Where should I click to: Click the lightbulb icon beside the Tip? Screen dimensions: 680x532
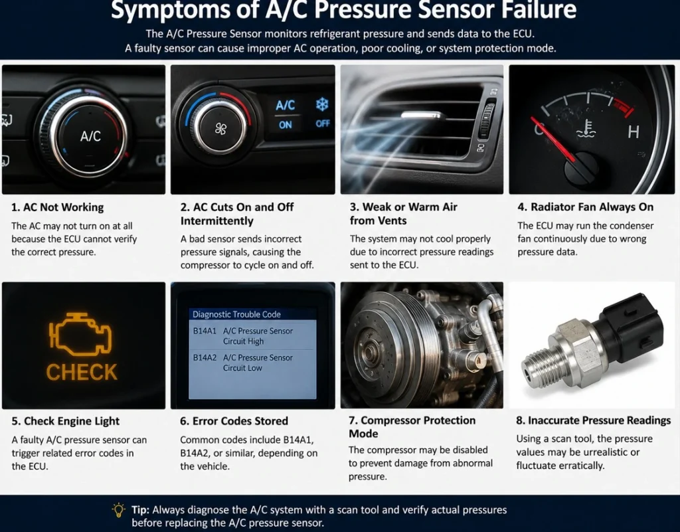tap(118, 510)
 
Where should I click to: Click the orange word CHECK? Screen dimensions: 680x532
tap(82, 372)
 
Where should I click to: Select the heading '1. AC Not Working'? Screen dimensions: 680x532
tap(57, 207)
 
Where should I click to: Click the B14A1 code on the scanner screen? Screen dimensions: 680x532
tap(205, 331)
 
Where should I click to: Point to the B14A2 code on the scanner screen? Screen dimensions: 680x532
tap(205, 358)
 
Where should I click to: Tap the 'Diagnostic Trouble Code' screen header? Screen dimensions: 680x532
tap(236, 314)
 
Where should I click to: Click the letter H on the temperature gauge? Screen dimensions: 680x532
tap(634, 132)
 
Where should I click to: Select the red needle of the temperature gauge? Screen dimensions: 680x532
tap(553, 139)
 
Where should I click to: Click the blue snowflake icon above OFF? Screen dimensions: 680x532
tap(322, 104)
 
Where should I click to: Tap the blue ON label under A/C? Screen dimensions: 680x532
tap(286, 125)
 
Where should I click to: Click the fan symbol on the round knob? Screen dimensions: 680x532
tap(220, 129)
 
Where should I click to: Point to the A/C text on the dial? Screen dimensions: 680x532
tap(90, 136)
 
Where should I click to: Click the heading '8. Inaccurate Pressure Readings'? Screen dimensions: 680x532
tap(593, 420)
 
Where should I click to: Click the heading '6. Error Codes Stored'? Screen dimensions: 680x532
tap(234, 421)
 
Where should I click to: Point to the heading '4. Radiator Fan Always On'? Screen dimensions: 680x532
tap(586, 207)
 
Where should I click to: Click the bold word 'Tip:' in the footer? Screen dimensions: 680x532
tap(141, 510)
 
